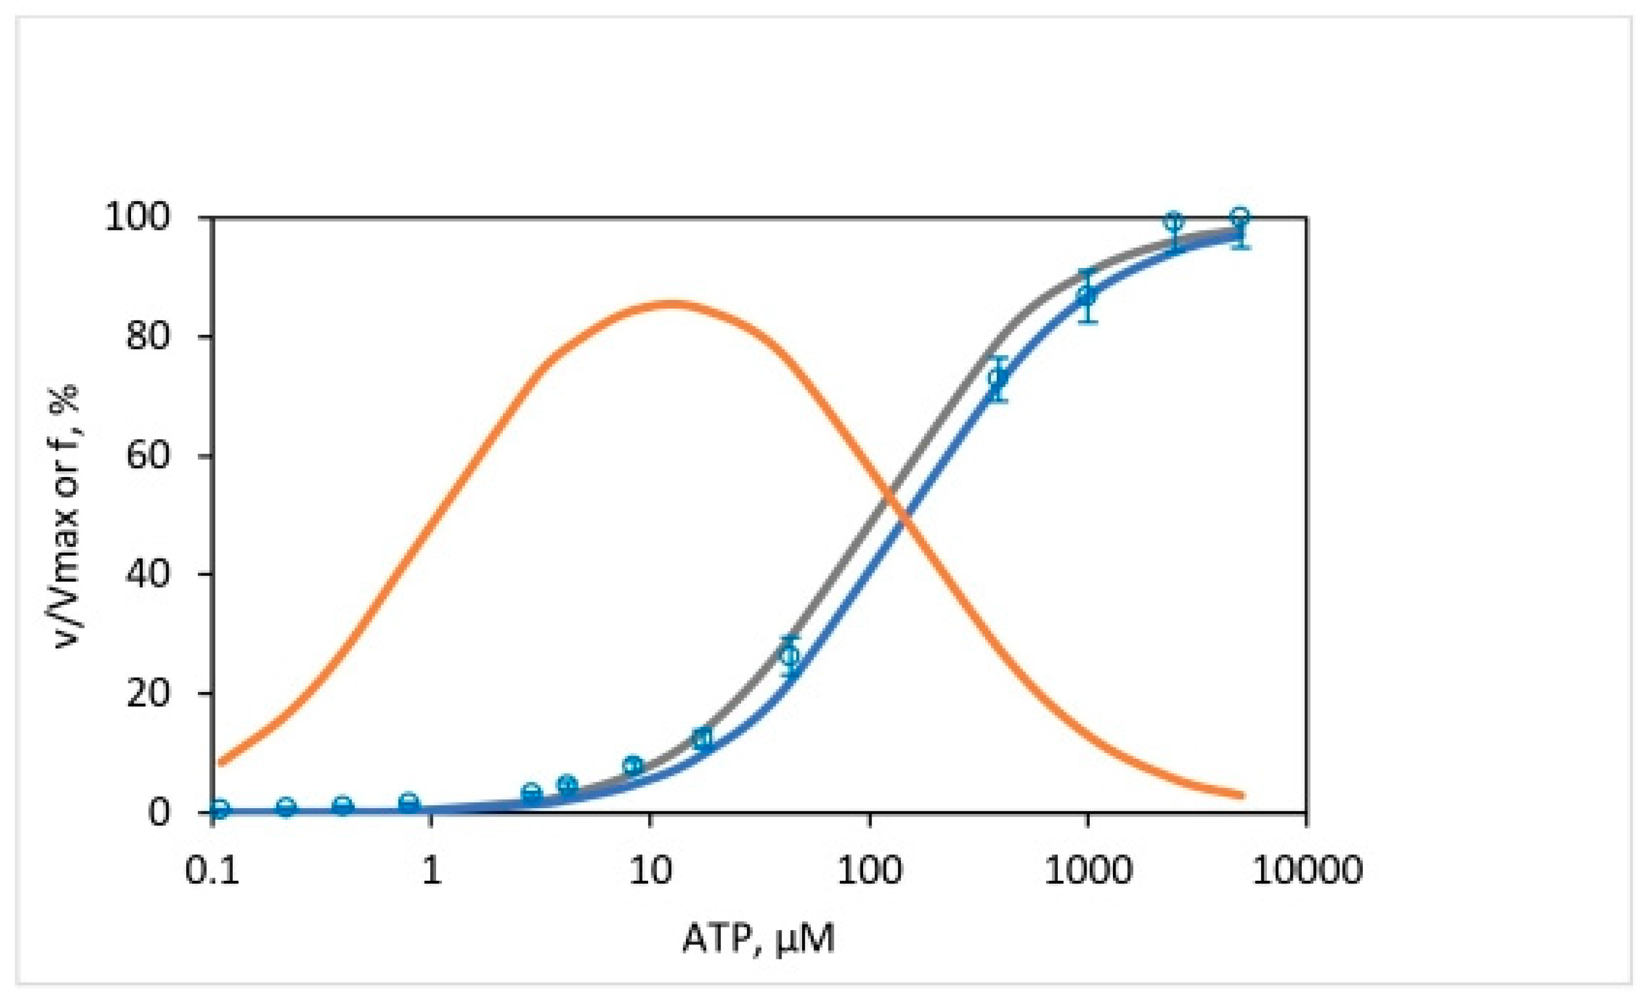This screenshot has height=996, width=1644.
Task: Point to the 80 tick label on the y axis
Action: coord(147,336)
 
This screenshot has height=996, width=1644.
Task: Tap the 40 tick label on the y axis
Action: coord(147,574)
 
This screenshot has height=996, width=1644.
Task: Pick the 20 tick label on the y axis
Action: coord(147,694)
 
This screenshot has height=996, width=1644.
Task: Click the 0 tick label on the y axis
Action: coord(158,812)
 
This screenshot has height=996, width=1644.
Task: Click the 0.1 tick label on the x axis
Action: coord(212,870)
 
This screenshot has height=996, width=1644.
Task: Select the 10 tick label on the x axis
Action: coord(650,870)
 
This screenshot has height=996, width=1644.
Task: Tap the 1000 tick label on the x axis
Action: coord(1088,870)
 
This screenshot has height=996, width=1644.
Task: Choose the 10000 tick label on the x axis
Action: coord(1307,870)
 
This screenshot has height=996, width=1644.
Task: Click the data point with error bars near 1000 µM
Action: coord(1088,295)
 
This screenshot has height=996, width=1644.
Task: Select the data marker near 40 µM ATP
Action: coord(790,655)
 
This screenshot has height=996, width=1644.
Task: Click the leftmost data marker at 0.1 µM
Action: coord(220,809)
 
